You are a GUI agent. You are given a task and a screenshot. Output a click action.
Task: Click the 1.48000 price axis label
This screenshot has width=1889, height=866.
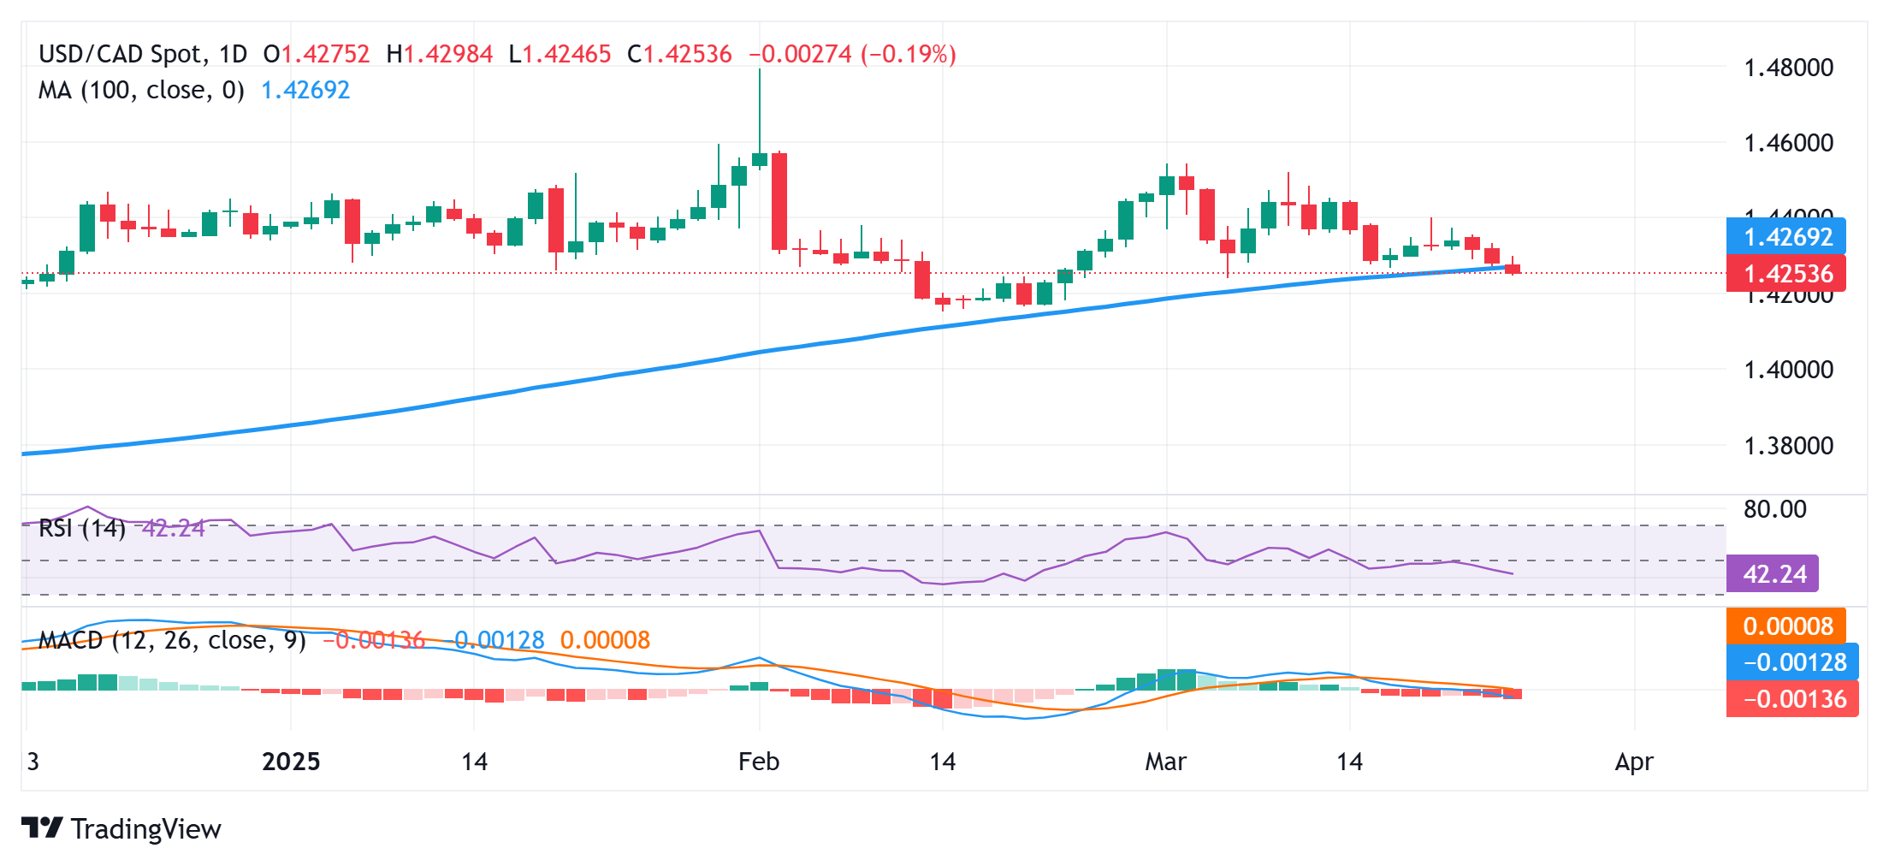(1788, 68)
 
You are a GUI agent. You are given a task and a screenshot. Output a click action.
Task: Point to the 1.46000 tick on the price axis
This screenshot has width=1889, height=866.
(1788, 143)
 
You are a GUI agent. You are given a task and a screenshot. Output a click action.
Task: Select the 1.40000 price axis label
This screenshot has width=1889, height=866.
(1788, 370)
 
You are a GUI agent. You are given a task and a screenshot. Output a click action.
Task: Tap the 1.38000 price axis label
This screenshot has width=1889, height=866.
(1788, 446)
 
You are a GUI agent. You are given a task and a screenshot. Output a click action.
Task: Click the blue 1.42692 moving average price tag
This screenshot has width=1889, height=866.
(1786, 237)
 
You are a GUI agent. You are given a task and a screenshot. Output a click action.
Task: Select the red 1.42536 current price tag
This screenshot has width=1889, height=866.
(1786, 274)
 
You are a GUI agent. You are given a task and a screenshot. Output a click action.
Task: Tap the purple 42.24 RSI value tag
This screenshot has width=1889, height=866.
(1773, 573)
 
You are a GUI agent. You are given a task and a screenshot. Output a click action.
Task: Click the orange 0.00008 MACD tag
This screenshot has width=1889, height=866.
(1786, 626)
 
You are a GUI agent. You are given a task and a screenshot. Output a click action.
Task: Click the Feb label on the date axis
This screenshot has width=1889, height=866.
(759, 762)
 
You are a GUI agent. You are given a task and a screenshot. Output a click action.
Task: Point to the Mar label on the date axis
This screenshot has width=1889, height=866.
(1165, 762)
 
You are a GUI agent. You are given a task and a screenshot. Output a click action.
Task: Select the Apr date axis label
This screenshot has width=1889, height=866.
(1633, 762)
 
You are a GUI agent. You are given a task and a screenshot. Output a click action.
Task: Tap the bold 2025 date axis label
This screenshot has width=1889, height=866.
(291, 762)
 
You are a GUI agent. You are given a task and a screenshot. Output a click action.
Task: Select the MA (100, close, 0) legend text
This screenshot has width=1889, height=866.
(141, 90)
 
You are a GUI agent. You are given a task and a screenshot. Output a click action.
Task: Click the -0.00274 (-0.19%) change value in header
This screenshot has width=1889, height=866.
(852, 55)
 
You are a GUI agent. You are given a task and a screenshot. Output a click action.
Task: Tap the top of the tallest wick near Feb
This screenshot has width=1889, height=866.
(760, 71)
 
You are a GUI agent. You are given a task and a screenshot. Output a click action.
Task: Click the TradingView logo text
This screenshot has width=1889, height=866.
(145, 828)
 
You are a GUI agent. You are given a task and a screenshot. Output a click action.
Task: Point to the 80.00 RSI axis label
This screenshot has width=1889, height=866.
(1774, 509)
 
